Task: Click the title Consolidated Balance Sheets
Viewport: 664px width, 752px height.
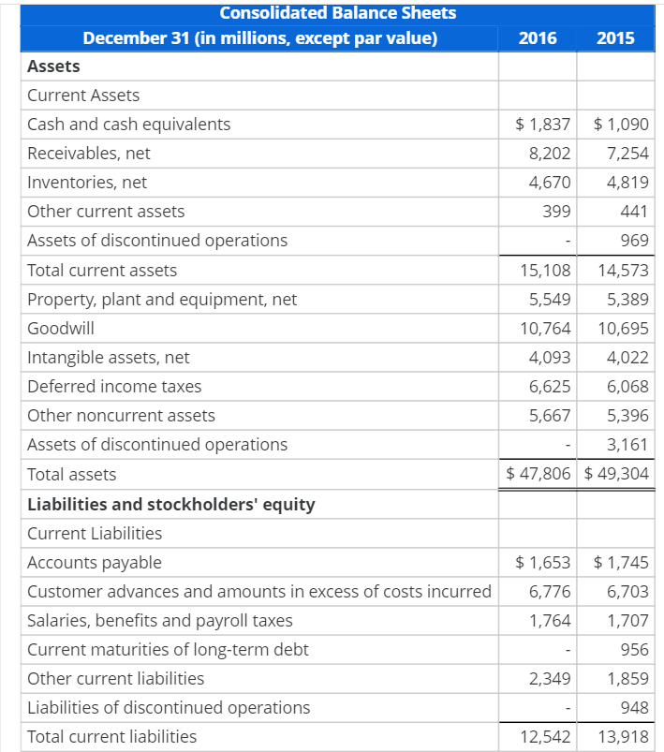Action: click(338, 13)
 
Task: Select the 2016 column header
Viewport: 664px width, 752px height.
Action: click(537, 38)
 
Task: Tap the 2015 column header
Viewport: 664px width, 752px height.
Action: click(614, 38)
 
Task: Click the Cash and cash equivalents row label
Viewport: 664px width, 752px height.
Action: click(129, 125)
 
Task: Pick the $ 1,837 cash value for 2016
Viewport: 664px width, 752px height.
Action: click(543, 125)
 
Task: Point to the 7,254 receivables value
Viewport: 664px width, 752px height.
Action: click(627, 154)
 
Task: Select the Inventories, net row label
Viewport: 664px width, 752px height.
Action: click(87, 183)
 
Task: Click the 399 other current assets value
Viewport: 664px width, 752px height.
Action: click(557, 212)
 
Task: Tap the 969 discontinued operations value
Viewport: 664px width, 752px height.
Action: click(634, 241)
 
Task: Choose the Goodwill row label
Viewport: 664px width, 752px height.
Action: click(61, 329)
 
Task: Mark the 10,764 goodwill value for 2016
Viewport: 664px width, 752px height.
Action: click(545, 329)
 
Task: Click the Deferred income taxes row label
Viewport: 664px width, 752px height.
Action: click(114, 387)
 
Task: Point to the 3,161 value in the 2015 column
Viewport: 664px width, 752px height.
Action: click(627, 445)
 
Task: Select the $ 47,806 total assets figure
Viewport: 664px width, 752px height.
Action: click(539, 474)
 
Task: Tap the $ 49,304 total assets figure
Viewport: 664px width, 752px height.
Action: click(616, 474)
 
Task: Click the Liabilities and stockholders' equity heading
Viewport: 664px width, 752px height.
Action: click(171, 505)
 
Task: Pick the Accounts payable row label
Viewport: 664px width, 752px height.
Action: click(95, 563)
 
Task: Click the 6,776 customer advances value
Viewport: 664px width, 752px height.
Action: click(550, 592)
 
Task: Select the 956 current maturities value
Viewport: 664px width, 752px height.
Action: click(634, 650)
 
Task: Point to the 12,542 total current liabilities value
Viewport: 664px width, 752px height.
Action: click(545, 737)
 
